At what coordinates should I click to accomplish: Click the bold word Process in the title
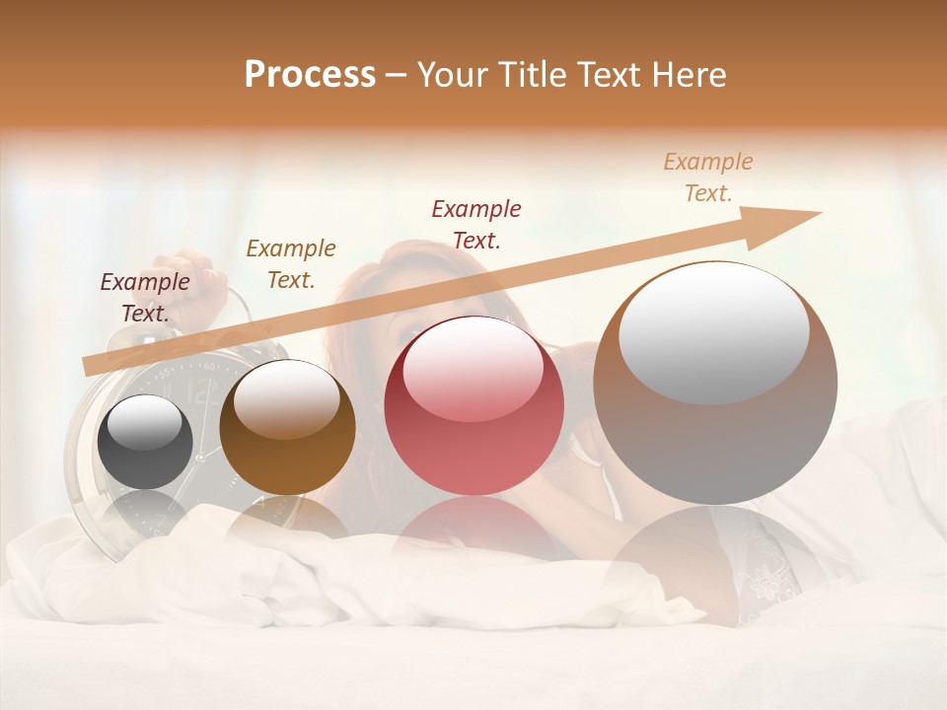coord(310,75)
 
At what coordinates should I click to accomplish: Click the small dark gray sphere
coord(145,442)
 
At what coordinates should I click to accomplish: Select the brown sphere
coord(287,427)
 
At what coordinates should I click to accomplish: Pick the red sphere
coord(473,405)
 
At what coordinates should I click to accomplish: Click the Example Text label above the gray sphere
coord(145,298)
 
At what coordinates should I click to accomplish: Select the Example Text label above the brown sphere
coord(291,264)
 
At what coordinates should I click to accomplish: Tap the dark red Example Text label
coord(476,224)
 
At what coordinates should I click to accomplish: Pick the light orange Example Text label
coord(708,177)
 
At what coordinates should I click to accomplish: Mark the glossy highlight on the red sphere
coord(473,369)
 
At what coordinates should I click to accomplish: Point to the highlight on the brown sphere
coord(286,399)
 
